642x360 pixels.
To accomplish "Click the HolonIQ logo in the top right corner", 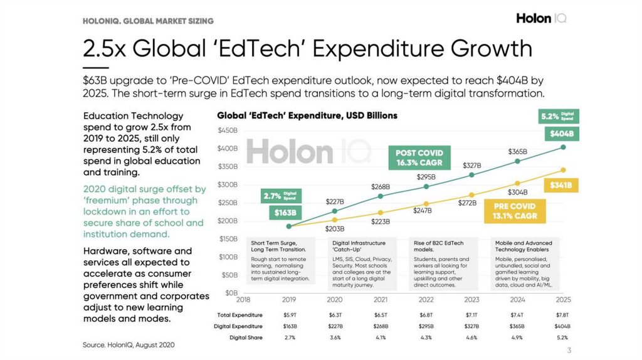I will click(541, 18).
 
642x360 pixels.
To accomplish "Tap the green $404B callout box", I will click(562, 134).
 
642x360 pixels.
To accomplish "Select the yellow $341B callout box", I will click(562, 186).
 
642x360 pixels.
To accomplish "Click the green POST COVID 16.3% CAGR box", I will click(419, 157).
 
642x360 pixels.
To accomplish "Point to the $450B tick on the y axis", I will click(228, 130).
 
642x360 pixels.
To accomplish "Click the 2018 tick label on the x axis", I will click(243, 300).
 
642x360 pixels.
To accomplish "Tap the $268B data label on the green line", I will click(381, 186).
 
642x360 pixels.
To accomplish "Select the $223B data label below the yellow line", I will click(381, 221).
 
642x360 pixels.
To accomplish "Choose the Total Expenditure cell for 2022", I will click(426, 315).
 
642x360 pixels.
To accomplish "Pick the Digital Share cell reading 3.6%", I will click(335, 337).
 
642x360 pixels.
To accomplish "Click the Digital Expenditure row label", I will click(239, 326).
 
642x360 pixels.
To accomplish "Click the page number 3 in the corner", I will click(569, 350).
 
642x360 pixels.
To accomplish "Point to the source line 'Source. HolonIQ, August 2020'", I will click(129, 344).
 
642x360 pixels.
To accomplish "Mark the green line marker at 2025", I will click(563, 147).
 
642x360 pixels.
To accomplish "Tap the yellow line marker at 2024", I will click(517, 183).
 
